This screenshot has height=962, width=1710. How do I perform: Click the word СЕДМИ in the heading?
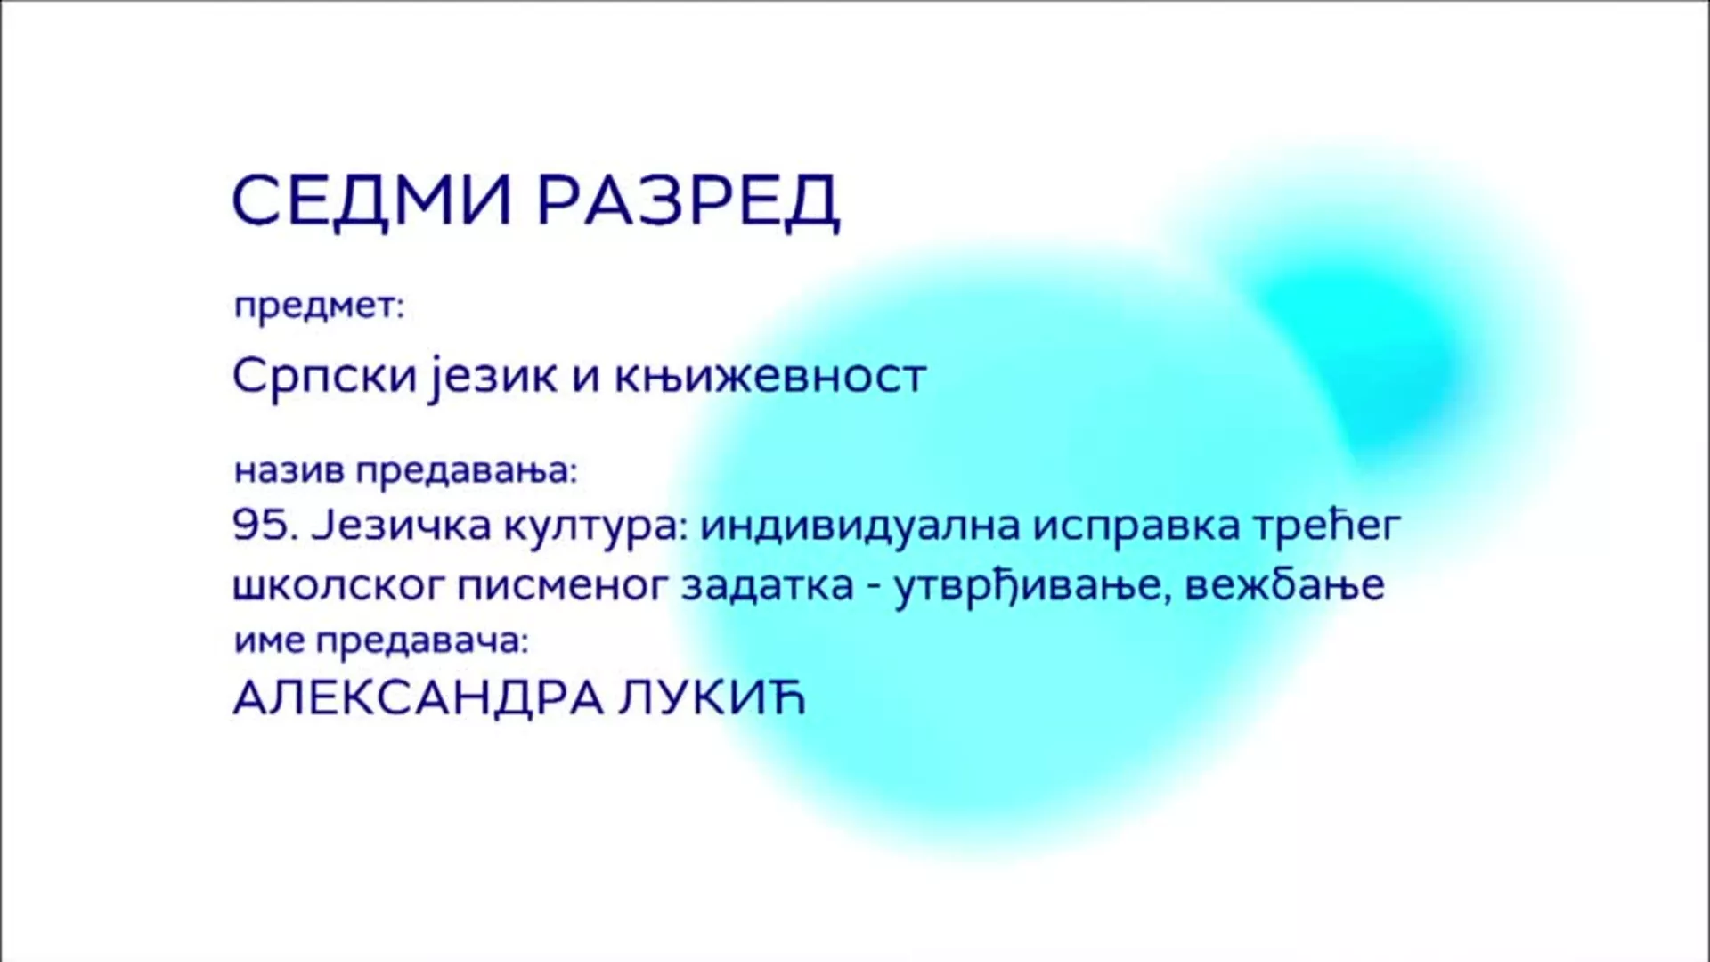[372, 200]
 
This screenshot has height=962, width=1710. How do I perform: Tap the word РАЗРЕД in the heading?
[688, 201]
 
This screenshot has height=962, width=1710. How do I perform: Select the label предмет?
[319, 306]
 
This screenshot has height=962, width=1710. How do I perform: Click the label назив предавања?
[406, 470]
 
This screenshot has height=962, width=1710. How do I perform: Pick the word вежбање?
[1285, 586]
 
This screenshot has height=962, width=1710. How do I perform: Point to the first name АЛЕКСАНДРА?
[419, 698]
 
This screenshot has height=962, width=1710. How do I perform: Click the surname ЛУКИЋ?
[711, 698]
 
